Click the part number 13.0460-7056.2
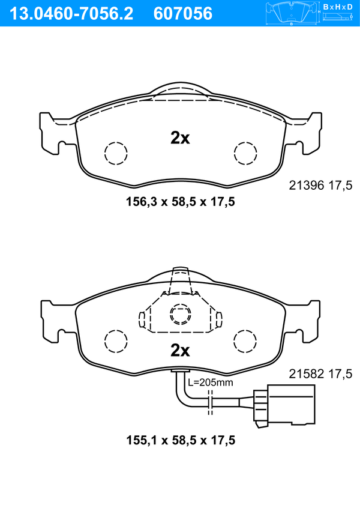point(71,14)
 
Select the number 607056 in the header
point(183,14)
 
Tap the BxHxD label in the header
point(338,7)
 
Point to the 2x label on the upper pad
point(180,138)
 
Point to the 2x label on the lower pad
point(180,351)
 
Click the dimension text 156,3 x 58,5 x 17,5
point(181,202)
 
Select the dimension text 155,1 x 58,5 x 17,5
point(181,440)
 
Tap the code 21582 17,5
point(320,373)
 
